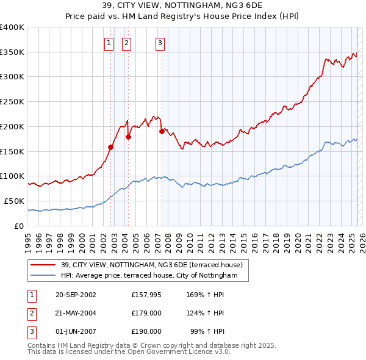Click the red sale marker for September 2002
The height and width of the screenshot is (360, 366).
click(111, 147)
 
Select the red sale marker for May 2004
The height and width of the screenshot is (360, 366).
click(129, 137)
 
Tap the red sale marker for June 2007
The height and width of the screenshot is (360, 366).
click(162, 131)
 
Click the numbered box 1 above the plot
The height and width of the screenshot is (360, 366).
click(109, 43)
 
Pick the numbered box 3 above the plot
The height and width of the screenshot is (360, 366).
click(160, 43)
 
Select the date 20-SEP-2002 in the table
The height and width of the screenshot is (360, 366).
click(76, 295)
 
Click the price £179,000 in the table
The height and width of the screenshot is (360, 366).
click(146, 313)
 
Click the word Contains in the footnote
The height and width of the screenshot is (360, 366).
click(41, 345)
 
